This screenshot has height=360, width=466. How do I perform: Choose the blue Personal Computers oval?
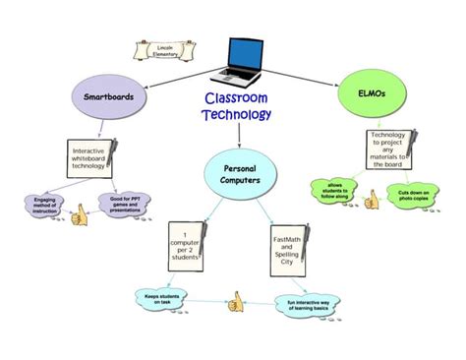(x=238, y=173)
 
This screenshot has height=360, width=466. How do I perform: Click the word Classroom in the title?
(x=235, y=99)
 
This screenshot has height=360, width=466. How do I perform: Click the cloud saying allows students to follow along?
(x=334, y=190)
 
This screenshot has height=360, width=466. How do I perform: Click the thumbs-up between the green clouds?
(x=372, y=202)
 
